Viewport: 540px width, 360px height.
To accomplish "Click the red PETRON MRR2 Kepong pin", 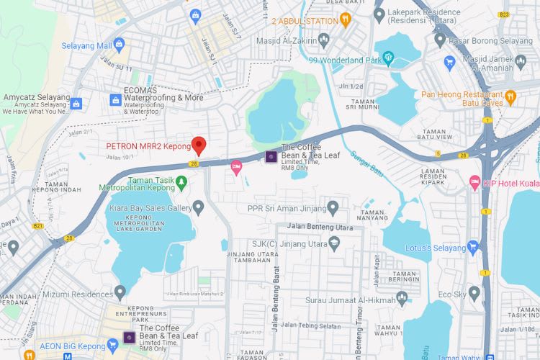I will click(199, 145).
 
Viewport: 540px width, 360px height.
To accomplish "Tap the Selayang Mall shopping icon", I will click(119, 46).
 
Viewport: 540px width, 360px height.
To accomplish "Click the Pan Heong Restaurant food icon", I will click(510, 95).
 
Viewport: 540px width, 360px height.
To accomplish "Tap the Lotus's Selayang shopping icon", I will click(472, 248).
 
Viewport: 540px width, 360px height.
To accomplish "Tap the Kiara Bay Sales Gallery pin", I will click(198, 207).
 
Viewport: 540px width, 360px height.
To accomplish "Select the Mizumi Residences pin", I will click(120, 292).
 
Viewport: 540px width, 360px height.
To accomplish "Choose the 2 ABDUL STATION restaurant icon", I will click(345, 20).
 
